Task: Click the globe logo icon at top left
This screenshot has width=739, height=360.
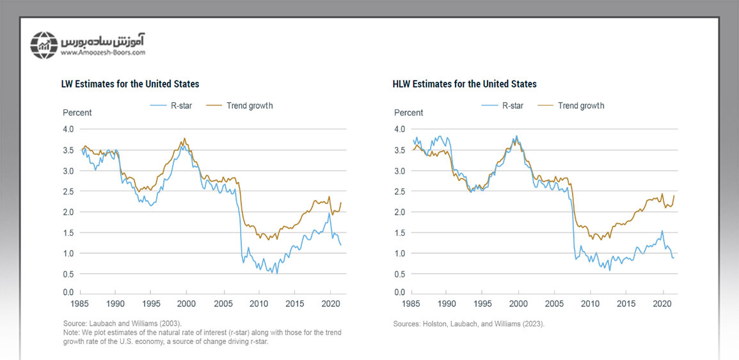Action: (44, 44)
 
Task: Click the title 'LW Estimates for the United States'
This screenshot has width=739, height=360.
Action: (131, 84)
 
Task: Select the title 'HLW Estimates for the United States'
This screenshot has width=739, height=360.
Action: (465, 84)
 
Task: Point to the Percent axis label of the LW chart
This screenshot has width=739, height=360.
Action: (77, 113)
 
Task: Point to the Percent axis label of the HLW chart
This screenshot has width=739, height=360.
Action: (408, 113)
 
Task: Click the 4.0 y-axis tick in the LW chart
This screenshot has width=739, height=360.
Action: (68, 129)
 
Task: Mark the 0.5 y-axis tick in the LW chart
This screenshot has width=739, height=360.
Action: (68, 274)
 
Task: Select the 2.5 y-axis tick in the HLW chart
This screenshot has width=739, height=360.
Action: (400, 191)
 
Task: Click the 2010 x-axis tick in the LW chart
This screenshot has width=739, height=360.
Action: (258, 304)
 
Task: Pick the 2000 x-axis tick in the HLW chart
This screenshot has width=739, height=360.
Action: (518, 304)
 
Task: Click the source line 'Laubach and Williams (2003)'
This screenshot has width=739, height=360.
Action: (122, 324)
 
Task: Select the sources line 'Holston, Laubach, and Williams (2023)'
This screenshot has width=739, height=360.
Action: (468, 324)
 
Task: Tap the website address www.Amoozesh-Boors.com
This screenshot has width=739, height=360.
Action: (103, 53)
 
